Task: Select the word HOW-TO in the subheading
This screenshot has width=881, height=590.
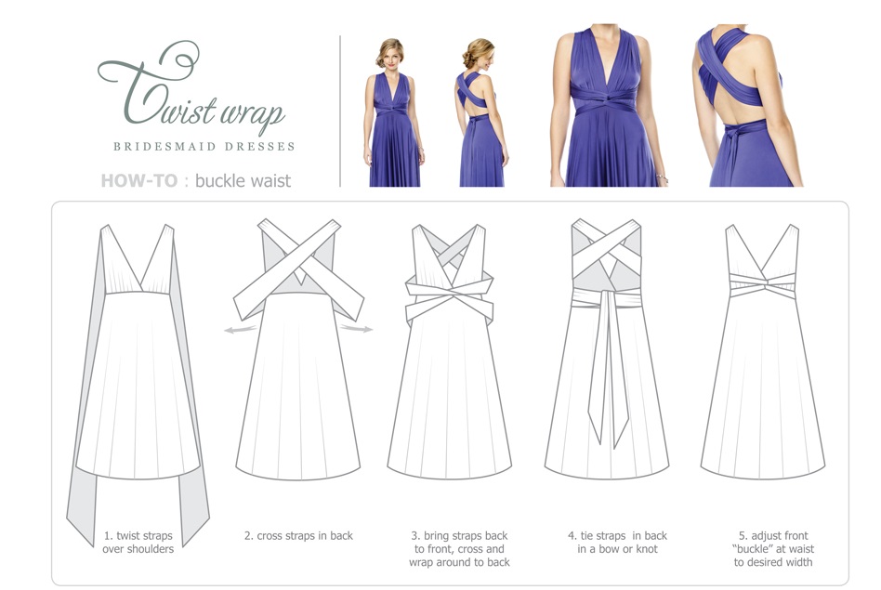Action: [x=138, y=179]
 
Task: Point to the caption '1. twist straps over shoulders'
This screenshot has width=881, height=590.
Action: [x=138, y=542]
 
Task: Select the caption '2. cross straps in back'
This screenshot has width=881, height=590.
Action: [x=298, y=536]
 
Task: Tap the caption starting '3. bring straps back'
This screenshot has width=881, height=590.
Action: [x=459, y=548]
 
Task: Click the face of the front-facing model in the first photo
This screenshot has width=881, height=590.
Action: [x=389, y=55]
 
